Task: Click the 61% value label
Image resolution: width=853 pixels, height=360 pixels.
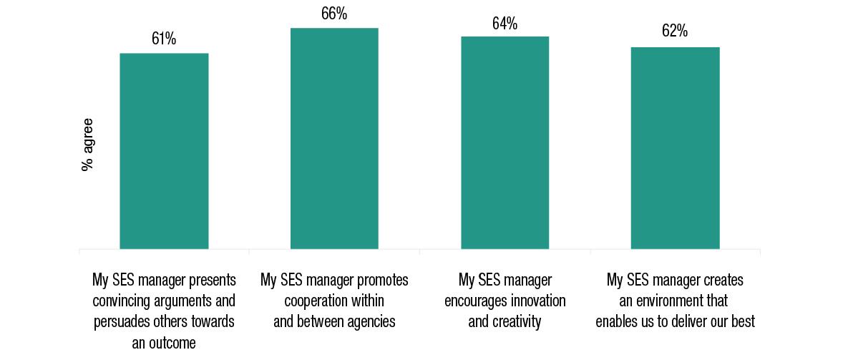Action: click(x=164, y=39)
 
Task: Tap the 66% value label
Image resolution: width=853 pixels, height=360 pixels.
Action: click(x=334, y=14)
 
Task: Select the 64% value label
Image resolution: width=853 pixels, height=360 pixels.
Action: click(x=505, y=24)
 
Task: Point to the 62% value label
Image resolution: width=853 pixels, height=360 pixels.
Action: click(x=675, y=31)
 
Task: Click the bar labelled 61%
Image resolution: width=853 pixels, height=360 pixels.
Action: click(x=164, y=150)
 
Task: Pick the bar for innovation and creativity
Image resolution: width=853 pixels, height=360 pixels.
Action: click(x=505, y=142)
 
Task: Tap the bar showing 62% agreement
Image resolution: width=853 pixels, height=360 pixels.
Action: click(x=675, y=147)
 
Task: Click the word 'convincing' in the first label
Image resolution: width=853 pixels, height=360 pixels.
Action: click(x=124, y=301)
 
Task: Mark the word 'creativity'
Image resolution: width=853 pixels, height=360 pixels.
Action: click(x=516, y=322)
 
